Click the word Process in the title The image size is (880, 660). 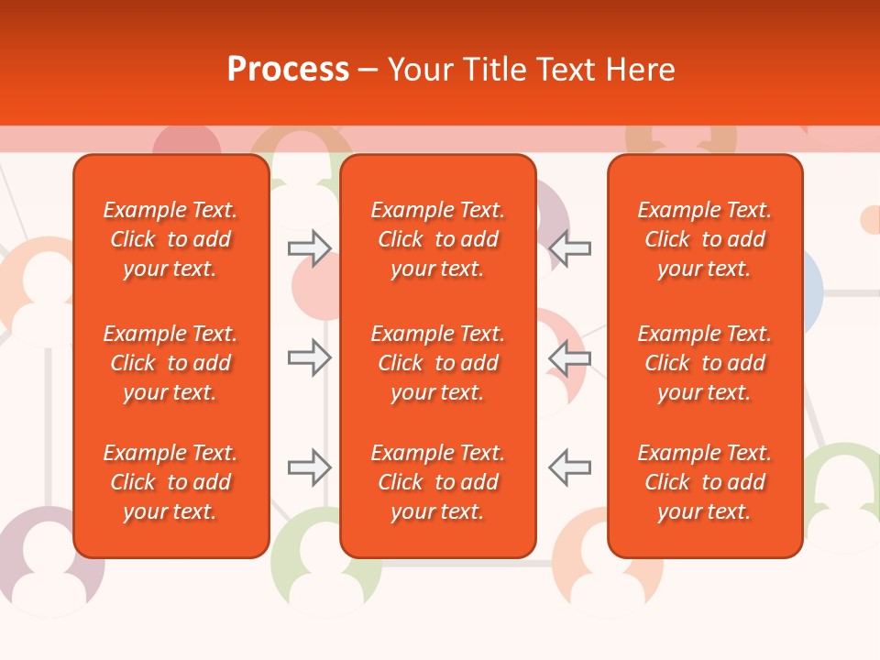pos(288,70)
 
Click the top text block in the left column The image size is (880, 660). pos(170,239)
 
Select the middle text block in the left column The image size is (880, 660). pos(170,363)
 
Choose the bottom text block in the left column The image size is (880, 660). pos(170,482)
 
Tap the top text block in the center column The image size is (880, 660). pos(437,239)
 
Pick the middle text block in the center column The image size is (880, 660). pos(437,363)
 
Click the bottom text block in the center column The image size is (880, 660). pos(437,482)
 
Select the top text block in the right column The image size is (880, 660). pos(704,239)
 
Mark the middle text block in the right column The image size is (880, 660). pos(704,363)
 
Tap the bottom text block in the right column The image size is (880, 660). pos(704,482)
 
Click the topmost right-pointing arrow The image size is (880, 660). pos(310,248)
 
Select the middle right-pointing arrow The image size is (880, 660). pos(310,357)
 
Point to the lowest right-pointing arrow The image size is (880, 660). pos(310,467)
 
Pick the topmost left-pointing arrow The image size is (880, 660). pos(569,248)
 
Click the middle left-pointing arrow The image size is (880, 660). pos(569,357)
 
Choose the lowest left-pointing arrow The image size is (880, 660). pos(569,467)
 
